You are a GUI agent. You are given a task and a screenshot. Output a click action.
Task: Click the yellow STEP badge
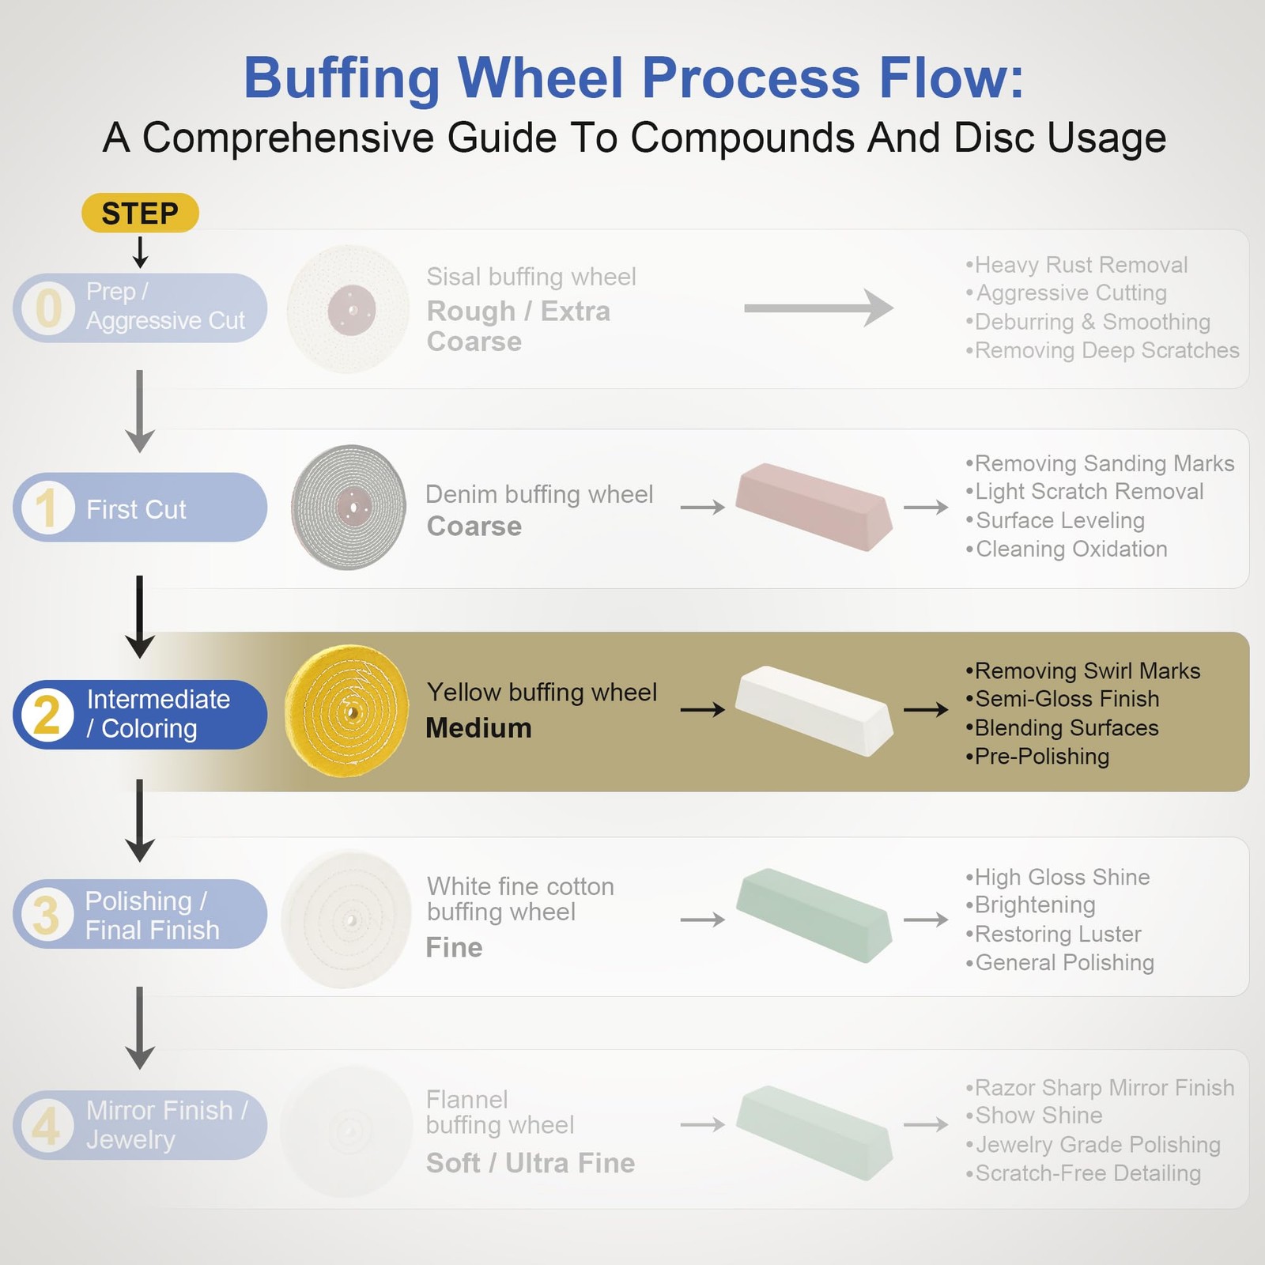coord(140,213)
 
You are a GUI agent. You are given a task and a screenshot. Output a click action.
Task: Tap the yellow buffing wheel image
coord(347,712)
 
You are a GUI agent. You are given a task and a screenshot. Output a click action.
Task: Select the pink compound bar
coord(814,507)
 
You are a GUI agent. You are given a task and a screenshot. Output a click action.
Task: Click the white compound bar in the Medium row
coord(814,711)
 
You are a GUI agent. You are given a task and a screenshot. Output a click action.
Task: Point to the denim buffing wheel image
coord(349,508)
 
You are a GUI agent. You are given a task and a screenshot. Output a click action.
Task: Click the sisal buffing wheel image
coord(348,309)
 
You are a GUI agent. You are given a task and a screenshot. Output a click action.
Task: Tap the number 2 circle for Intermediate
coord(47,715)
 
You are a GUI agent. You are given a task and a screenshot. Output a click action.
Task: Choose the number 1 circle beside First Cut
coord(47,508)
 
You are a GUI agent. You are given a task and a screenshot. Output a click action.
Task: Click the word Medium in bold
coord(478,728)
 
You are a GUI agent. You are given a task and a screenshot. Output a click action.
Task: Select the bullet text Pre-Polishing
coord(1037,757)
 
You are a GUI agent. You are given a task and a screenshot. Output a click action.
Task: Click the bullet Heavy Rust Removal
coord(1077,265)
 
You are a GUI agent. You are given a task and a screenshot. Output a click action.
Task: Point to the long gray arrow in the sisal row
coord(819,308)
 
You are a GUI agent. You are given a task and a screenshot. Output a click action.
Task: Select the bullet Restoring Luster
coord(1053,934)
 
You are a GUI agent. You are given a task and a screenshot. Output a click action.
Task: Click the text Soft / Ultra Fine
coord(531,1163)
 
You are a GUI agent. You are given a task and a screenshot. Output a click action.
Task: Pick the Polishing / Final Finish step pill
coord(140,914)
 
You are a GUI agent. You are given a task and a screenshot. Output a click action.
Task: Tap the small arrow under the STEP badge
coord(140,252)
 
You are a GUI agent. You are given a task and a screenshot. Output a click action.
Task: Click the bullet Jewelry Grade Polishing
coord(1093,1145)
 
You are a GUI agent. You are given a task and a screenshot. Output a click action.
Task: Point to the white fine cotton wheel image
coord(347,919)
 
